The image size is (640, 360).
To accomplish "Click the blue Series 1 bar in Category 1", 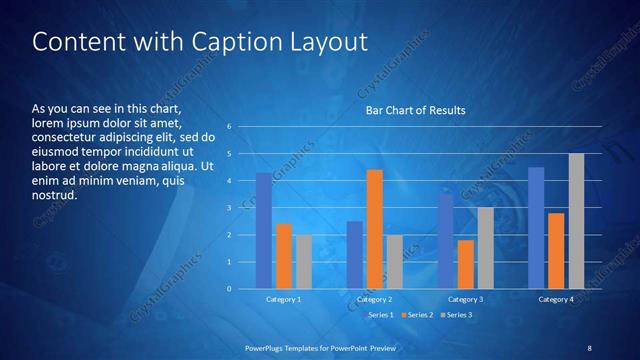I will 263,231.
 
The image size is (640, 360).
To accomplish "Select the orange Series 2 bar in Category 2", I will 374,229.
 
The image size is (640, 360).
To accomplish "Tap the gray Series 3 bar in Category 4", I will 576,221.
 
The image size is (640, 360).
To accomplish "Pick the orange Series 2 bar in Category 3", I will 465,264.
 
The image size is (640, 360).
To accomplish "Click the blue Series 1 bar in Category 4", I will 536,228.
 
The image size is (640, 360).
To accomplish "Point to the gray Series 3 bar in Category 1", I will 303,262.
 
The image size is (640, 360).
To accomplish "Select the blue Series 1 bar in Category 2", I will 354,255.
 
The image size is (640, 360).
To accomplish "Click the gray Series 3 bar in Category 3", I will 485,248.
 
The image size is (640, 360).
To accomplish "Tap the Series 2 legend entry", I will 417,315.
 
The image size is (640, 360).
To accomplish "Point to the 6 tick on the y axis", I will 229,127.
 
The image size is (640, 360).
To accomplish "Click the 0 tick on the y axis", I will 229,289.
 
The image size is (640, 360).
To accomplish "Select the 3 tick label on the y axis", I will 229,208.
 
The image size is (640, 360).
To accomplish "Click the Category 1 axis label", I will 283,300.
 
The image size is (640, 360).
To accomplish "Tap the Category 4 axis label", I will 556,300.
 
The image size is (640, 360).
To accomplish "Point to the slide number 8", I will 589,347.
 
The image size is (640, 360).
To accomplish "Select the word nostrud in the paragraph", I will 54,195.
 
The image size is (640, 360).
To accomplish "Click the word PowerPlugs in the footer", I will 267,347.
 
